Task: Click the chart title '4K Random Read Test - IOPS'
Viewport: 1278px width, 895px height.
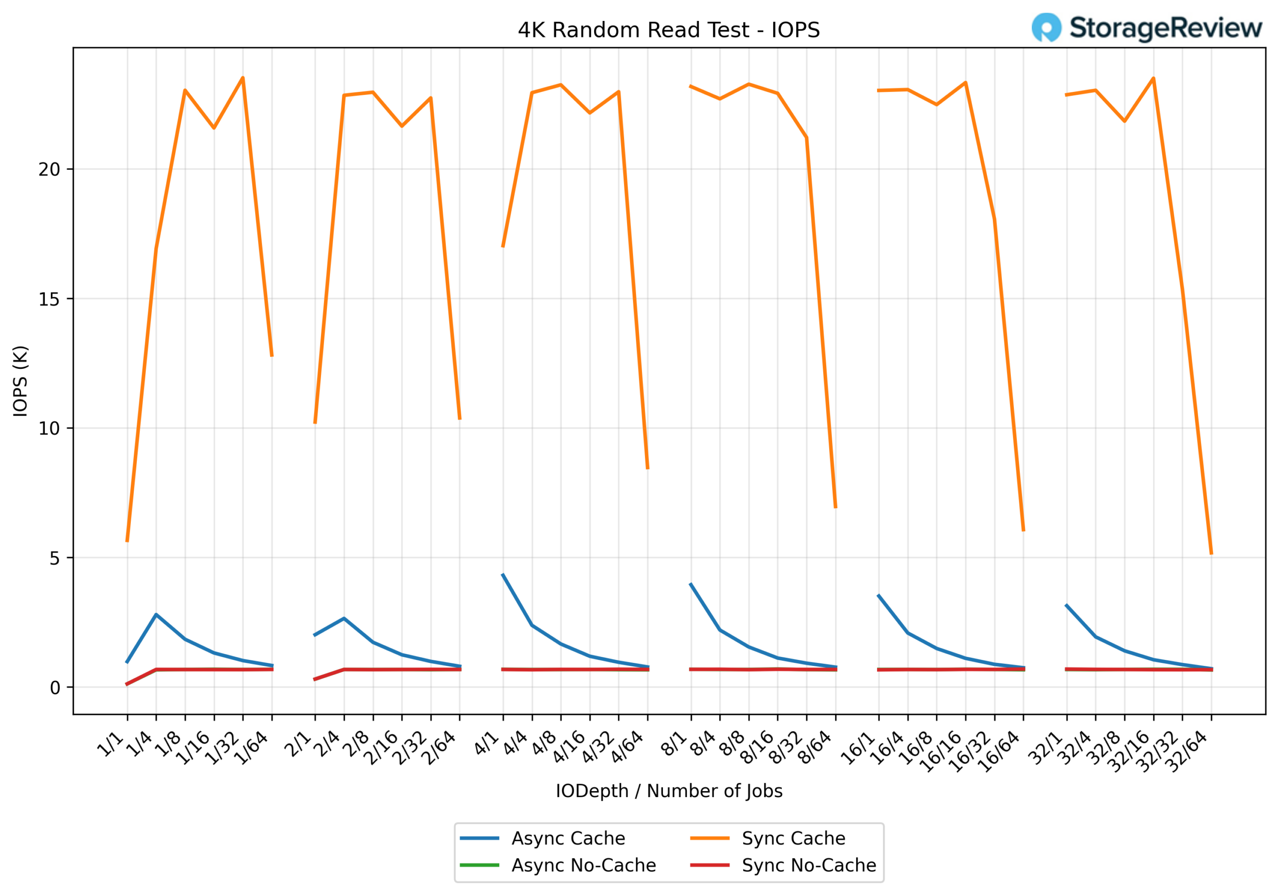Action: pos(668,30)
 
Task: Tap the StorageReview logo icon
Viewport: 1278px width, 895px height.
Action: pos(1046,28)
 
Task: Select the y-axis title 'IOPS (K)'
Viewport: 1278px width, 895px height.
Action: pos(20,381)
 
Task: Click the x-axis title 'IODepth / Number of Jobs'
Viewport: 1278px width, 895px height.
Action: pos(668,791)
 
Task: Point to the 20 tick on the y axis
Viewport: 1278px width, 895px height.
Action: pos(49,169)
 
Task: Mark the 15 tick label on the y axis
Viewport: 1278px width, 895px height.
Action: pos(49,299)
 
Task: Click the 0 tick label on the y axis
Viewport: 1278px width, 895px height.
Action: pos(54,688)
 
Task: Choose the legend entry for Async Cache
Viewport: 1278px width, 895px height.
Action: pos(568,838)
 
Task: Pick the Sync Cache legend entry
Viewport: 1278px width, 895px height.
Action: pos(793,838)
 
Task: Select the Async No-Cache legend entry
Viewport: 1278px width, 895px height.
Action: pos(584,866)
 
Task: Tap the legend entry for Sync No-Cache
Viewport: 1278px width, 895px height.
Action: pos(809,866)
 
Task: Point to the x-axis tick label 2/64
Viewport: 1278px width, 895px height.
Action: pos(440,749)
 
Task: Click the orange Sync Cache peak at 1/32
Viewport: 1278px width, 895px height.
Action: pos(243,78)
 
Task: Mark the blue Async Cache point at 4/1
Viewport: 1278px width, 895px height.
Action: pos(503,575)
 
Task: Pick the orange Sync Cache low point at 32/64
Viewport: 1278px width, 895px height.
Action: pos(1211,554)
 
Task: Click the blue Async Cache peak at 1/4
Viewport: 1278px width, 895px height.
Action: pos(156,614)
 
